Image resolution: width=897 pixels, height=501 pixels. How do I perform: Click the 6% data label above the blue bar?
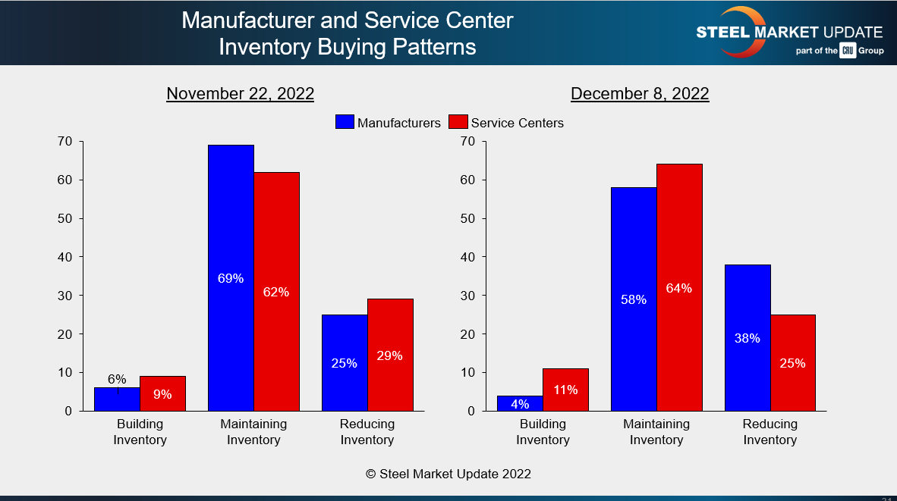[117, 379]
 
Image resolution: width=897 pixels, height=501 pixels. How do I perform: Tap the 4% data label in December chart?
[520, 404]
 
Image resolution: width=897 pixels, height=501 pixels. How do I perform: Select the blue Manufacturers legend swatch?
[345, 122]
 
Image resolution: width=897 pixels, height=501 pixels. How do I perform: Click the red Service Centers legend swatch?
[458, 122]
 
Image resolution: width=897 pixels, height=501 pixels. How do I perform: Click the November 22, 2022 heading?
[240, 93]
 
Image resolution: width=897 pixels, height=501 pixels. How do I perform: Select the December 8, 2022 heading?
[640, 93]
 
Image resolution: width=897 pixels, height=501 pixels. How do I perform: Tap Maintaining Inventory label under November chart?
[253, 432]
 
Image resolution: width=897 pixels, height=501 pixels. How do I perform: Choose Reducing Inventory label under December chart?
[770, 432]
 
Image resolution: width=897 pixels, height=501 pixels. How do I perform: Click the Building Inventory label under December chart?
[543, 432]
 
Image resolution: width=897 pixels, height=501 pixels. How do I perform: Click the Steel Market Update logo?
[789, 33]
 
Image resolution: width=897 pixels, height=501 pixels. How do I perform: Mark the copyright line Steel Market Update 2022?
[448, 474]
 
